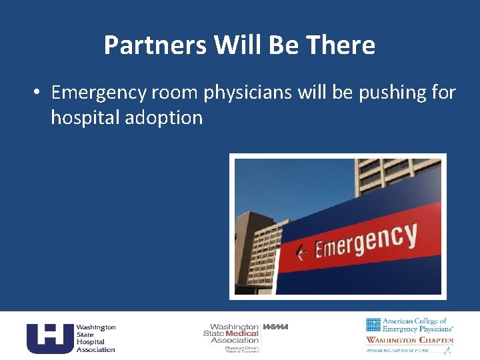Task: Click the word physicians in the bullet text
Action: tap(247, 93)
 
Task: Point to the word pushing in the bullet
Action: tap(390, 93)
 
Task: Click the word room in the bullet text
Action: tap(176, 93)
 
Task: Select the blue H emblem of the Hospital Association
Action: tap(49, 338)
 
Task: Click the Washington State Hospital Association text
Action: tap(95, 338)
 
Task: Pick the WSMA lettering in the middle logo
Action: tap(275, 327)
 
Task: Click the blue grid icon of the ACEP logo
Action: tap(373, 325)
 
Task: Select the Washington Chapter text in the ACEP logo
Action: tap(410, 340)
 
